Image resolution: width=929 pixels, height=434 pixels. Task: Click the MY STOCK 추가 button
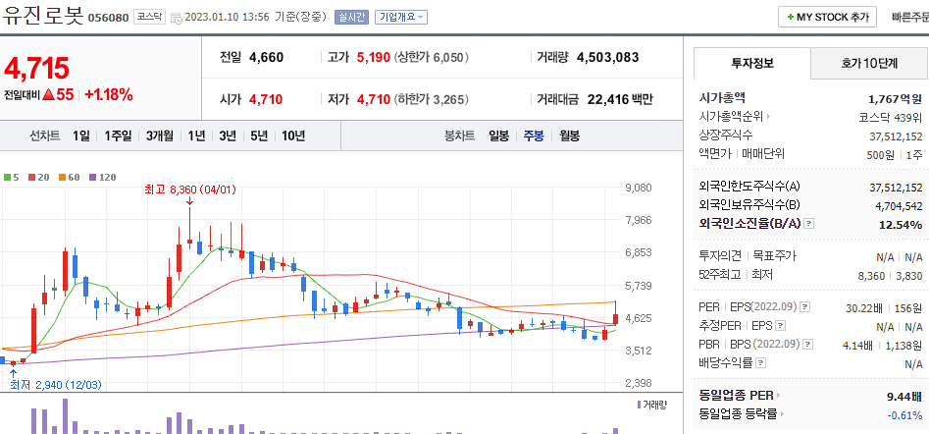coord(827,17)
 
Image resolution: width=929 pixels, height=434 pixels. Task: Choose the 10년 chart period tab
coord(292,136)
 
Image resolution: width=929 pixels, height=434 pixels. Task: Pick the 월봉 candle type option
coord(569,136)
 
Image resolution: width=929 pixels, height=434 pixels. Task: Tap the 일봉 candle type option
coord(498,136)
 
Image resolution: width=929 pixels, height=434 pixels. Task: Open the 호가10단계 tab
coord(868,63)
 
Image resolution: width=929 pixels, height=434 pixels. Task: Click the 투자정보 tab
coord(752,63)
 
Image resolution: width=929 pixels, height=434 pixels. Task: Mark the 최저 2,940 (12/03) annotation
coord(55,385)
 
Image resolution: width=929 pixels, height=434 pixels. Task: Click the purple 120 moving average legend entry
coord(103,178)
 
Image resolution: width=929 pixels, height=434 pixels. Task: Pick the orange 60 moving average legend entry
coord(70,178)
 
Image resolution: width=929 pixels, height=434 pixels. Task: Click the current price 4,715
coord(37,68)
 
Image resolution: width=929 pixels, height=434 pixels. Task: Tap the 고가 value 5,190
coord(374,57)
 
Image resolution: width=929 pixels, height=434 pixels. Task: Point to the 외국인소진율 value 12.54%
coord(901,224)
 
